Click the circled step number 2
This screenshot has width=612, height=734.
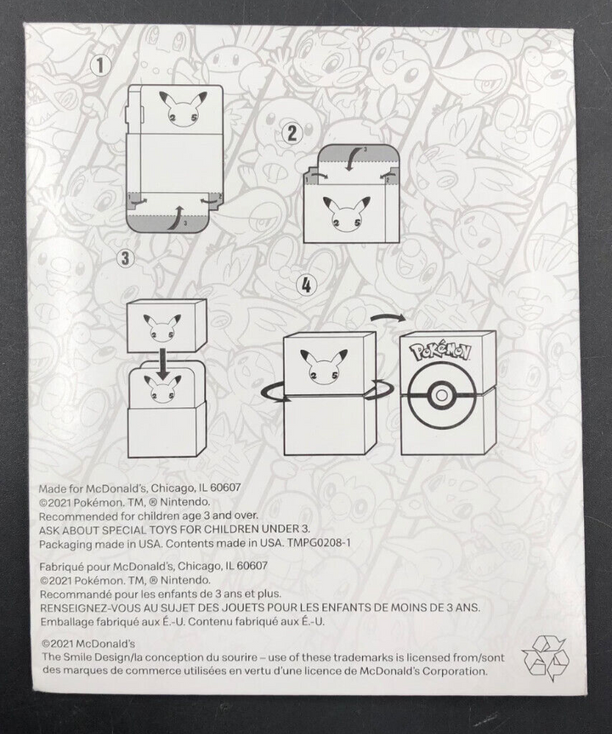click(292, 133)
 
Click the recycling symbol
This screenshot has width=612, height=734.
click(543, 658)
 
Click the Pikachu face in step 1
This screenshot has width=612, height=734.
click(180, 109)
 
